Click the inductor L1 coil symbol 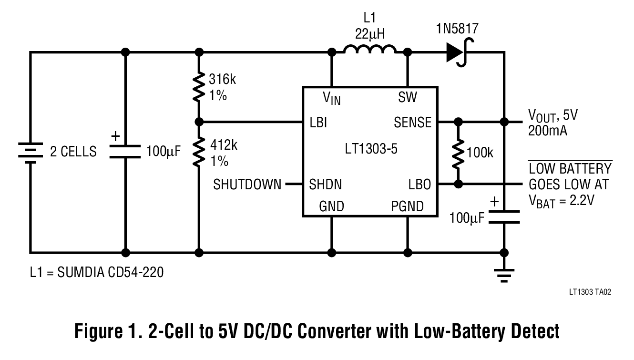370,50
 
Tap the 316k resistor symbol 200,86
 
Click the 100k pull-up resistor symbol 458,153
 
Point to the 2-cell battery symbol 30,152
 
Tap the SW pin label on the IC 407,98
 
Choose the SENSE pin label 412,122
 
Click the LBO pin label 419,184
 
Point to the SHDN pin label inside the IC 325,184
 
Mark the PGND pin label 407,206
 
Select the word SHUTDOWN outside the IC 247,184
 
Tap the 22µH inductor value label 370,34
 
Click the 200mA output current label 548,131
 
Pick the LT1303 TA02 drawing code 589,292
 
